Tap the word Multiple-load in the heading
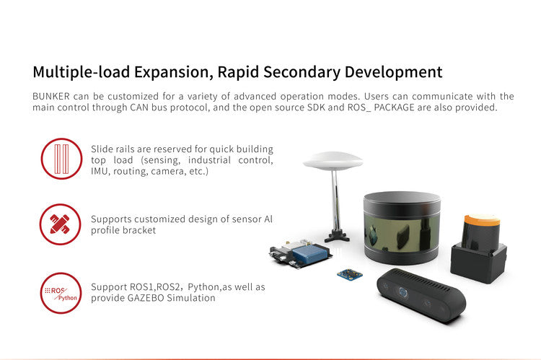coord(81,72)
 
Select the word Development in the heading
coord(393,72)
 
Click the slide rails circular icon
coord(62,159)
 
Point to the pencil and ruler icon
coord(60,224)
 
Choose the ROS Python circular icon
coord(61,293)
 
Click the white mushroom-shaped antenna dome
coord(333,161)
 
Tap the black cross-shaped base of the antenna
coord(337,236)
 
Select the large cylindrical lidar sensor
coord(402,228)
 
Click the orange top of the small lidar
coord(482,219)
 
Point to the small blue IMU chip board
coord(350,274)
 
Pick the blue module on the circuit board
coord(310,254)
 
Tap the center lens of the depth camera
coord(403,292)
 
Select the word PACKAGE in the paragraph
coord(394,107)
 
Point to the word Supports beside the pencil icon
coord(111,220)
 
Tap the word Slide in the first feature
coord(102,149)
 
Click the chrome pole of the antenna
coord(335,200)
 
